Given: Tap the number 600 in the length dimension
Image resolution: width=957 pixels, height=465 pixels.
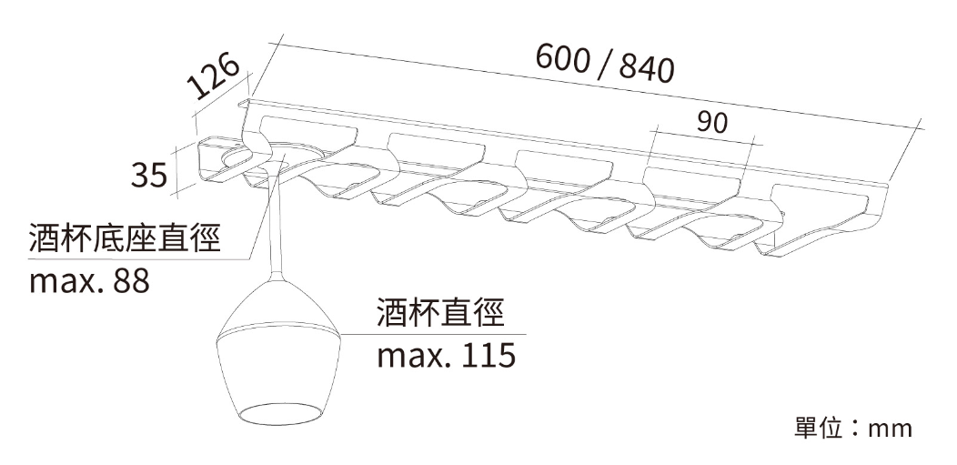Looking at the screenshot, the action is [563, 58].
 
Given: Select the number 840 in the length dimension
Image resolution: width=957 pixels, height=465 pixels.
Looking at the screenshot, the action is [647, 67].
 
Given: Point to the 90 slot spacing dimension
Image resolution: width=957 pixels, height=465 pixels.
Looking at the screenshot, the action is [712, 123].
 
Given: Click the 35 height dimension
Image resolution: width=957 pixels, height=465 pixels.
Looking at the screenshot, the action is [149, 175].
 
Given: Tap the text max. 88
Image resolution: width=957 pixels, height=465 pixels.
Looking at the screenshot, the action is [89, 281].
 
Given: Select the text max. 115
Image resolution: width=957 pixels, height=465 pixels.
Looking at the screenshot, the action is [446, 355].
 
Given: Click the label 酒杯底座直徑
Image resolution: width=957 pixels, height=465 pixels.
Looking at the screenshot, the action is [125, 238].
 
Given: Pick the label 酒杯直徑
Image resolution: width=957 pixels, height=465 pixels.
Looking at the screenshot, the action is [440, 312].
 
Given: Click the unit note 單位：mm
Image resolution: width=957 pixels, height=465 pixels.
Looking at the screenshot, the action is [853, 429].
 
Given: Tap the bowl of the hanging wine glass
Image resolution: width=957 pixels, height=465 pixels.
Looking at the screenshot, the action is [279, 353].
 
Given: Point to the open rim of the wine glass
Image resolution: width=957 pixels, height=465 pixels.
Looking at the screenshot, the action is [279, 413].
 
